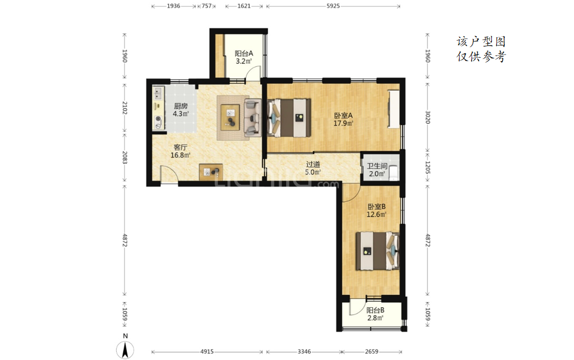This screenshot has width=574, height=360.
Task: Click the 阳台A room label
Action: coord(244,53)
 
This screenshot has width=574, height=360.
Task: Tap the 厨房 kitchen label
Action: coord(181,106)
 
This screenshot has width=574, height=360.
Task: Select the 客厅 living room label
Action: coord(180,147)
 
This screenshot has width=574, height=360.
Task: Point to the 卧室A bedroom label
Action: coord(343,116)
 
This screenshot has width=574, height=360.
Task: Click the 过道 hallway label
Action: coord(313,164)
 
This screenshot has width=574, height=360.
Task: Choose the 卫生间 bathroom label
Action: coord(377,166)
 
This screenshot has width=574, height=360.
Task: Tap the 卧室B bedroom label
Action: coord(376,207)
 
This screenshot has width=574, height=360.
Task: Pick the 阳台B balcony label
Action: coord(375,310)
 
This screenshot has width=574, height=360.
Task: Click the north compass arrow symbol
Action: coord(125,350)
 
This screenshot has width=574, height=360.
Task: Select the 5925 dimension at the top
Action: coord(333,6)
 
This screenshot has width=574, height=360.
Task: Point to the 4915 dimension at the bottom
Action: coord(207,351)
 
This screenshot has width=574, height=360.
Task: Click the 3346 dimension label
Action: coord(304,351)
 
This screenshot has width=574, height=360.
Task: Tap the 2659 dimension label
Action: coord(372,351)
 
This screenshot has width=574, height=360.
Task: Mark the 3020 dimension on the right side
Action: coord(428,117)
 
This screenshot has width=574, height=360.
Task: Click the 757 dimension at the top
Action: coord(206,6)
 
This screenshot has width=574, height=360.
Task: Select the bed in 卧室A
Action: coord(289,117)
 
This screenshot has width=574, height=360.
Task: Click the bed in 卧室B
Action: coord(377,251)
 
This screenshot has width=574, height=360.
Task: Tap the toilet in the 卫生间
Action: coord(393,173)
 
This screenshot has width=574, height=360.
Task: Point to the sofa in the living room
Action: coord(253,117)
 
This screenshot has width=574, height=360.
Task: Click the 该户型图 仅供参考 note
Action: coord(481,49)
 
